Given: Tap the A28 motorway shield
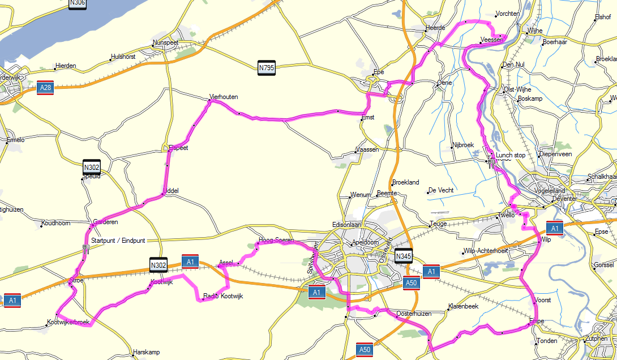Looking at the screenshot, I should coord(45,88).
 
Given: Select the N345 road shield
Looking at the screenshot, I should coord(403,256).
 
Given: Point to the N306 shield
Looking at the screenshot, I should coord(78,3).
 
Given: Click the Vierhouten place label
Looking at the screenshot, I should coord(223,97).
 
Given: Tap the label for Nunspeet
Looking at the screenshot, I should coord(165,42).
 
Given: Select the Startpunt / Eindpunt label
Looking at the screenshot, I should coord(118,241).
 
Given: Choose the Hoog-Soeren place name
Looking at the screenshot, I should coord(276,240).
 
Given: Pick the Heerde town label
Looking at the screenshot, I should coord(435,28).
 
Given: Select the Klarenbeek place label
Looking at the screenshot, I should coord(463,306).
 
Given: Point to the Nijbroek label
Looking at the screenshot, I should coord(462,145).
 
